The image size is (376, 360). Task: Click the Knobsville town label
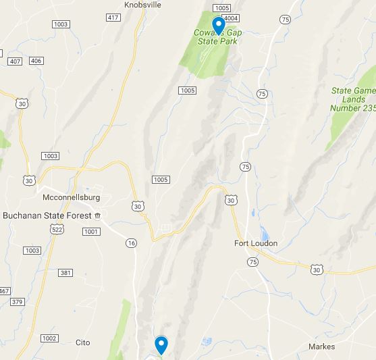142,4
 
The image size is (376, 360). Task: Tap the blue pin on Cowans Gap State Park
218,26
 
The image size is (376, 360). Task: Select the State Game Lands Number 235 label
353,99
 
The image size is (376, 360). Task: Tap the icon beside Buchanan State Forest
98,215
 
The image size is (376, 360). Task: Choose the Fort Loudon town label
256,243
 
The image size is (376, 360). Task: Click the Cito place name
82,342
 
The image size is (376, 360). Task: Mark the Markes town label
321,346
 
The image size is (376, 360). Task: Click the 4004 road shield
231,18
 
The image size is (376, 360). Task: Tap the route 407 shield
15,61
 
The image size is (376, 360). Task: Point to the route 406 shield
36,61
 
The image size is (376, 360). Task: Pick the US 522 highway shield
58,230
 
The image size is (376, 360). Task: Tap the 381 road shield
65,273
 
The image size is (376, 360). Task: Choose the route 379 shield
18,302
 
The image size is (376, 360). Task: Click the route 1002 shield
49,338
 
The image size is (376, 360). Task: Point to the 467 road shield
4,291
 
